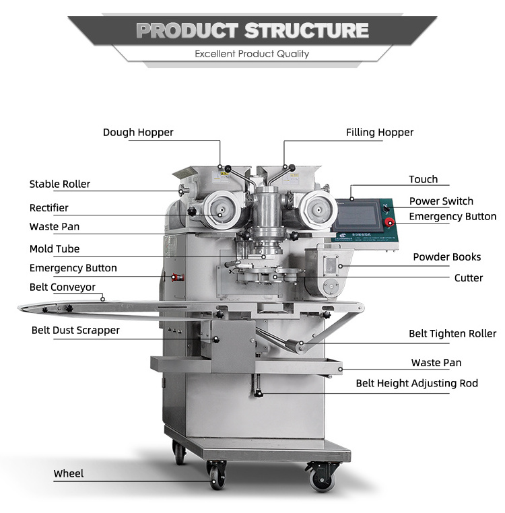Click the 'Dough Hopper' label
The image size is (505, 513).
coord(138,133)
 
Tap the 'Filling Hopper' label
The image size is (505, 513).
coord(380,133)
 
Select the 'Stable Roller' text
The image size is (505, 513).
coord(60,184)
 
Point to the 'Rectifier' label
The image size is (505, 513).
coord(49,208)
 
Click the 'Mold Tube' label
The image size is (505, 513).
coord(55,249)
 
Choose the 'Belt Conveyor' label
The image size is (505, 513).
coord(63,287)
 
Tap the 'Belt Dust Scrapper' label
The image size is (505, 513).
coord(75,331)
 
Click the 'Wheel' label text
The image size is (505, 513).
coord(69,474)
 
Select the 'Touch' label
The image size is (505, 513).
coord(424,180)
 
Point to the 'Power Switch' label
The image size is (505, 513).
coord(441,201)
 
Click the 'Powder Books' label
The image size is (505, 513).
coord(447,257)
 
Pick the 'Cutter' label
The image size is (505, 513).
coord(469,277)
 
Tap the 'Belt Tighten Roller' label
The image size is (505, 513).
coord(452,334)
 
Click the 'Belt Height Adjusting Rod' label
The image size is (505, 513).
coord(417,384)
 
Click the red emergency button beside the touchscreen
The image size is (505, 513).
coord(389,223)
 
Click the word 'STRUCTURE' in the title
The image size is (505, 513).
coord(306,30)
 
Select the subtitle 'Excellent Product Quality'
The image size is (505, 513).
coord(252,54)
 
